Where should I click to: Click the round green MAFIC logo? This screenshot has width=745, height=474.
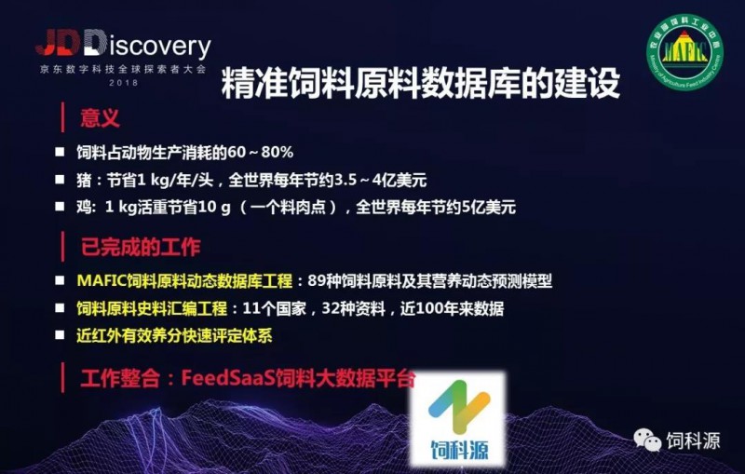point(684,52)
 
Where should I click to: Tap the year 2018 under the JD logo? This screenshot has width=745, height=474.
point(124,83)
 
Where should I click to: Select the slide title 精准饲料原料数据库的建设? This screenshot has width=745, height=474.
point(421,83)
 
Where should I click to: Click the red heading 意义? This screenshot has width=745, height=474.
point(100,117)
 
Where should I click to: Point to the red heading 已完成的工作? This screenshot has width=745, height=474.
point(141,247)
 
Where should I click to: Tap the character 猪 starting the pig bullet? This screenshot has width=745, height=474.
point(84,180)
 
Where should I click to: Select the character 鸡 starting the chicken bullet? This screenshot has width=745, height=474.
point(84,207)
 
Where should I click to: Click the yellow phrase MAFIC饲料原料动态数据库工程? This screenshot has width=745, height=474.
point(184,280)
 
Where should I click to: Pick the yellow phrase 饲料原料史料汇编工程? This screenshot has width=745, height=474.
point(152,309)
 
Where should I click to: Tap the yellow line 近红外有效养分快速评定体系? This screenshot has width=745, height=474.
point(174,336)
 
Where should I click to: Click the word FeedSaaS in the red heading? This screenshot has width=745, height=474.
point(228,378)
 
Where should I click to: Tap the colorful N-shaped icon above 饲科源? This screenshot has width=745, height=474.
point(459,407)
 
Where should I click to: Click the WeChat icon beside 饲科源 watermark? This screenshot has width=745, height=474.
point(647,440)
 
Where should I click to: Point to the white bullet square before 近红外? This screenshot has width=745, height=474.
point(60,335)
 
